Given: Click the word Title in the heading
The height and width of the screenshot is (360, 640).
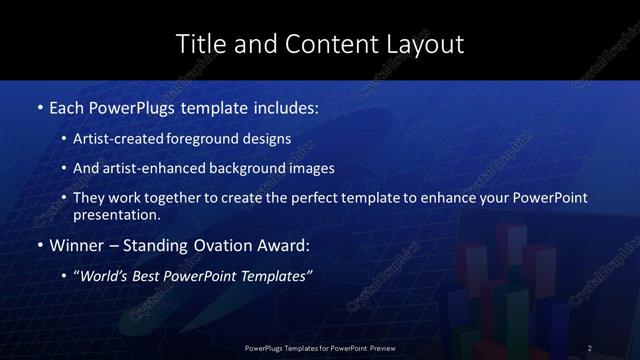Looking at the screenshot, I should pos(198,44).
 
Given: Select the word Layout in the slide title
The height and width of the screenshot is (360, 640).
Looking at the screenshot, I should pos(428,44).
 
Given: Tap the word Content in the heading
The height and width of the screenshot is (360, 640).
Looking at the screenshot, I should pos(319,44).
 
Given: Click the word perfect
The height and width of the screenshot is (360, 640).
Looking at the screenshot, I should pos(308,198).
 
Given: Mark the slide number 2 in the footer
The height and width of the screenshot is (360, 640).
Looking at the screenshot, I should pos(590,348).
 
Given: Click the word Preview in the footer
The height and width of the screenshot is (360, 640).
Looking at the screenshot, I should pos(379,348).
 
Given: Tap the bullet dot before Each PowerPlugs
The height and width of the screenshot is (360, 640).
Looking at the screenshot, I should pos(39,105).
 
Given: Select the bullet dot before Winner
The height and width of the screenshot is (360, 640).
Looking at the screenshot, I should pos(39,245).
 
